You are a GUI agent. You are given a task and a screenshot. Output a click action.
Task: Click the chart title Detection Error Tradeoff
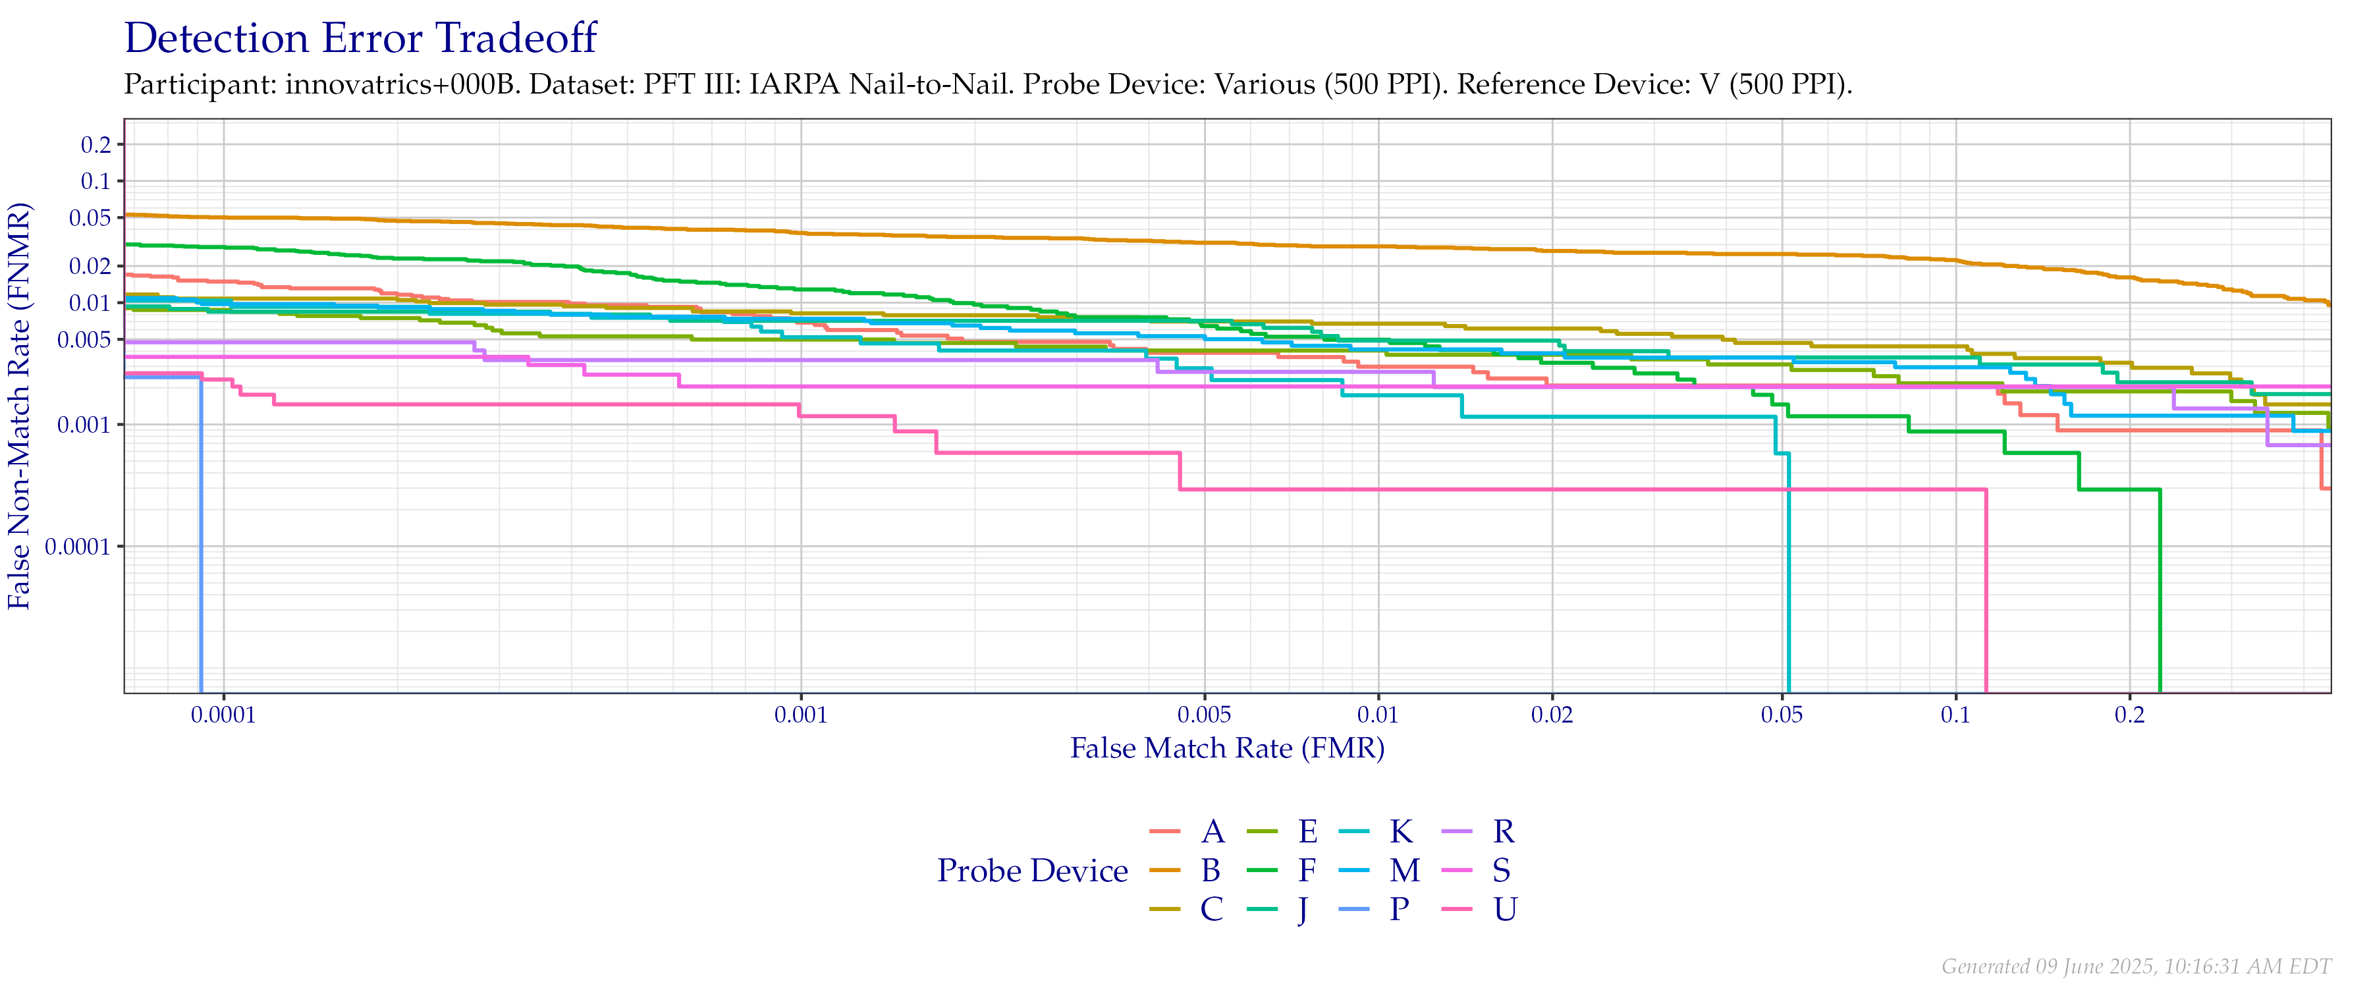[361, 39]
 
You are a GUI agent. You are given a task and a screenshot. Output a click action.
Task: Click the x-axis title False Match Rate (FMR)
[1227, 748]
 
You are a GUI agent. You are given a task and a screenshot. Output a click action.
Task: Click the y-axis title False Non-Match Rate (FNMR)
[20, 405]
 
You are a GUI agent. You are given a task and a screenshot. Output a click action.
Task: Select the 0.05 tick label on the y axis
[90, 218]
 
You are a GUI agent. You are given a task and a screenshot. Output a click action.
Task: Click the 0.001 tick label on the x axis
[801, 715]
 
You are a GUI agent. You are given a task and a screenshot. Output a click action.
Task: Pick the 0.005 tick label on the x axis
[1204, 715]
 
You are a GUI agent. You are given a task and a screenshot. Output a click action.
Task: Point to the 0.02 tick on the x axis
[1552, 715]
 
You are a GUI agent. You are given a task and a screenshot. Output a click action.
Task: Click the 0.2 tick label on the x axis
[2129, 715]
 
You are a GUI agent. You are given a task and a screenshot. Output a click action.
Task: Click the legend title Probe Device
[1033, 871]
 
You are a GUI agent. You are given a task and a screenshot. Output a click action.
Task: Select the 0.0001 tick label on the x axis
[224, 715]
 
